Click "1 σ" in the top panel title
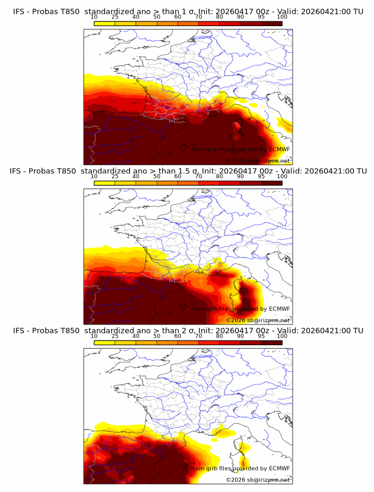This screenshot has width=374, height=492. point(186,11)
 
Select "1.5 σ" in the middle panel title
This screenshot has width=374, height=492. point(189,171)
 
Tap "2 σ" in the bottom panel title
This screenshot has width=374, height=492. point(186,330)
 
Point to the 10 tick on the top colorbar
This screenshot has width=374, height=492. point(94,17)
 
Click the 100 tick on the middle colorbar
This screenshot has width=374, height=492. point(282,176)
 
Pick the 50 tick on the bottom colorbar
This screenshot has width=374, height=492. point(157,336)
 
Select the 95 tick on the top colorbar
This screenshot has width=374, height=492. point(261,17)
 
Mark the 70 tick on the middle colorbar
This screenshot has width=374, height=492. point(198,176)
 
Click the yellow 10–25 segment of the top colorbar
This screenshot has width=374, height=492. point(104,23)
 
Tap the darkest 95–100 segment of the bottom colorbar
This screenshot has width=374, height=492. point(271,342)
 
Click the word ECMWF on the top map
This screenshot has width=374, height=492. point(279,149)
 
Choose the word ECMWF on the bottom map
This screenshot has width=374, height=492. point(279,469)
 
